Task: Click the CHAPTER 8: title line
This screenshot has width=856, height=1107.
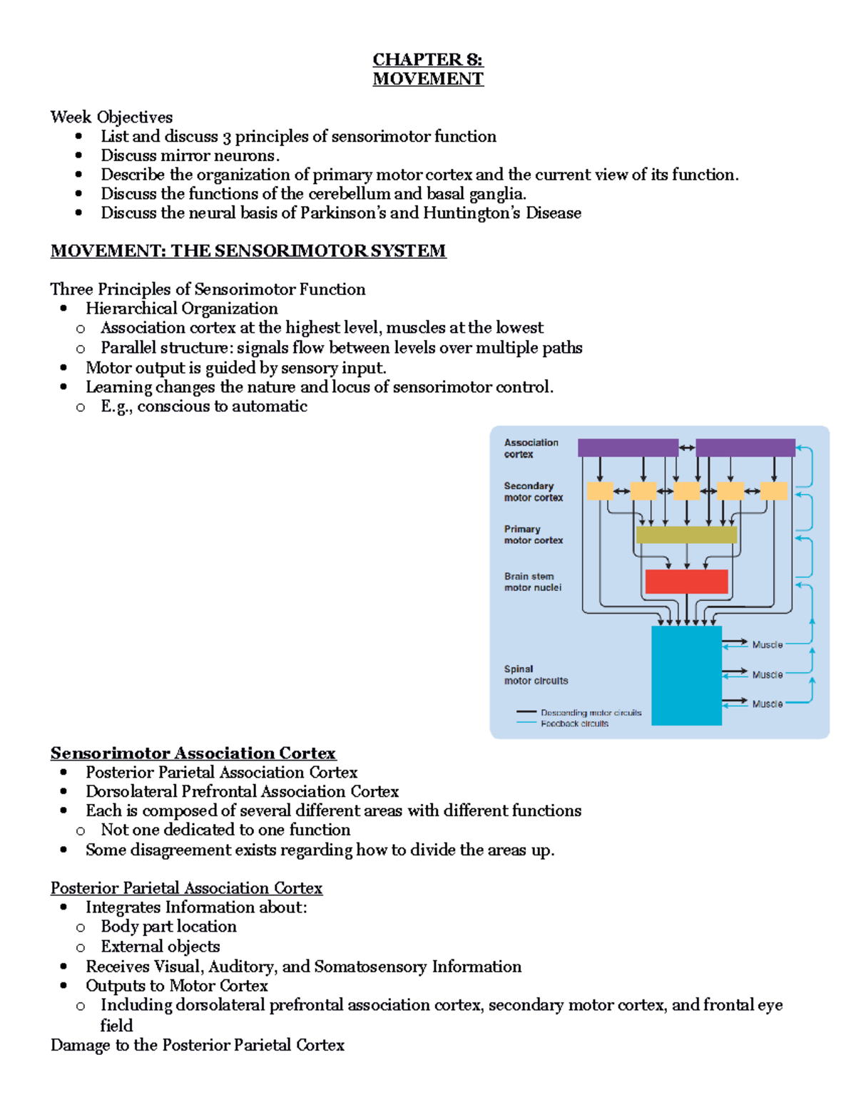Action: pyautogui.click(x=427, y=59)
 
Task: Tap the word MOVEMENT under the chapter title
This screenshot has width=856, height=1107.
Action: pyautogui.click(x=427, y=79)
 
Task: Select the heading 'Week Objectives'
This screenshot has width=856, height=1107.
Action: pyautogui.click(x=111, y=117)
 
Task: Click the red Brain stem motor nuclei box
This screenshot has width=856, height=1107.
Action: pyautogui.click(x=686, y=582)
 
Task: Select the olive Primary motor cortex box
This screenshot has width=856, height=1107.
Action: pyautogui.click(x=686, y=535)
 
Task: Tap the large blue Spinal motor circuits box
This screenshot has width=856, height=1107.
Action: pyautogui.click(x=686, y=675)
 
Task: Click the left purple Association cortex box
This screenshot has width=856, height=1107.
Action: pyautogui.click(x=627, y=448)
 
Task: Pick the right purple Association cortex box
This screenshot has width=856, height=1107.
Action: pyautogui.click(x=745, y=448)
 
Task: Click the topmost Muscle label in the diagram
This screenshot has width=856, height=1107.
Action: pyautogui.click(x=767, y=644)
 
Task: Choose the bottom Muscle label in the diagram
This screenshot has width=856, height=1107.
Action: pyautogui.click(x=767, y=704)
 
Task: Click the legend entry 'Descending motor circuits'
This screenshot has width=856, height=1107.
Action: pyautogui.click(x=591, y=712)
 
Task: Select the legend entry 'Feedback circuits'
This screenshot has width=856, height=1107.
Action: pyautogui.click(x=574, y=724)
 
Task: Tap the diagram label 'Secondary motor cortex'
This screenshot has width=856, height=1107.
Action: pyautogui.click(x=533, y=492)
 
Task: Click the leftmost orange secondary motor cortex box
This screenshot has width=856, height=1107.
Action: pyautogui.click(x=599, y=490)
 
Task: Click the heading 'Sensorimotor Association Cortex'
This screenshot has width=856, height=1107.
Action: pyautogui.click(x=193, y=753)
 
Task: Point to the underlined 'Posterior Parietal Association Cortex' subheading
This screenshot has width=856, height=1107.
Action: pyautogui.click(x=186, y=888)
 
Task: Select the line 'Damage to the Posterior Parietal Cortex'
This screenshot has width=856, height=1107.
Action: pyautogui.click(x=197, y=1045)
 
